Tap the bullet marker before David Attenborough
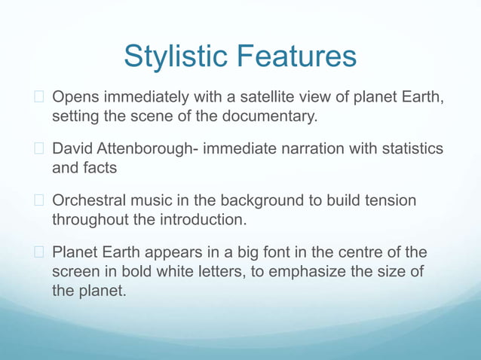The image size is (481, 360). coord(41,150)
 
